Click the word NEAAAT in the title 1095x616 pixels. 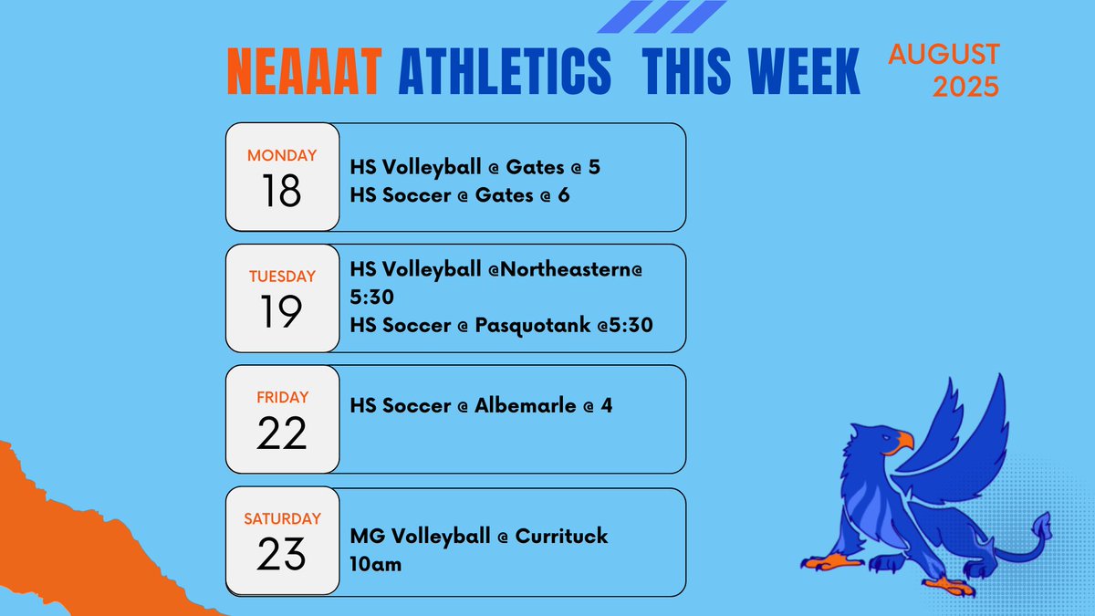tap(303, 72)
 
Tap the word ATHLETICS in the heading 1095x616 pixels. tap(505, 72)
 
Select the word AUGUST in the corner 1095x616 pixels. tap(944, 54)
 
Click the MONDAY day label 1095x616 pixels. tap(282, 155)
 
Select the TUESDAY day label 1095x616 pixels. tap(282, 277)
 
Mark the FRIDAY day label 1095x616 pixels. tap(282, 398)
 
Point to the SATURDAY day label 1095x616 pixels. tap(282, 519)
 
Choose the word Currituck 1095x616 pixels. tap(562, 536)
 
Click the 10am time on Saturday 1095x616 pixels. tap(375, 565)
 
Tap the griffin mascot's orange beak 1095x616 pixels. tap(904, 443)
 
